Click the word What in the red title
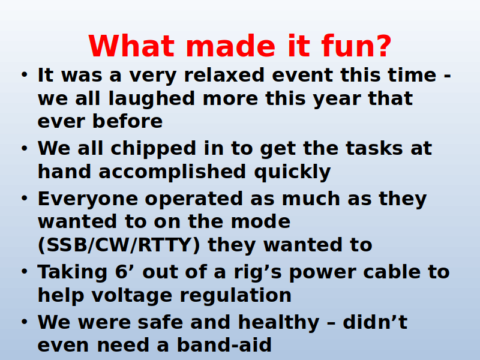(x=131, y=46)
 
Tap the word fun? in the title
(x=356, y=46)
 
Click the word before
(x=127, y=121)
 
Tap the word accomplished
(x=172, y=172)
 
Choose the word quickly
(x=292, y=172)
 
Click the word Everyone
(x=88, y=200)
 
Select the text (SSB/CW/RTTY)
(x=119, y=245)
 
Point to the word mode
(x=260, y=221)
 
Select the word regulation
(x=235, y=296)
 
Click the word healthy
(x=278, y=323)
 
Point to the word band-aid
(x=224, y=344)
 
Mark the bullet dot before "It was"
(x=25, y=74)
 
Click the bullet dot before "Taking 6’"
(x=25, y=271)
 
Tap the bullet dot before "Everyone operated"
(x=25, y=198)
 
